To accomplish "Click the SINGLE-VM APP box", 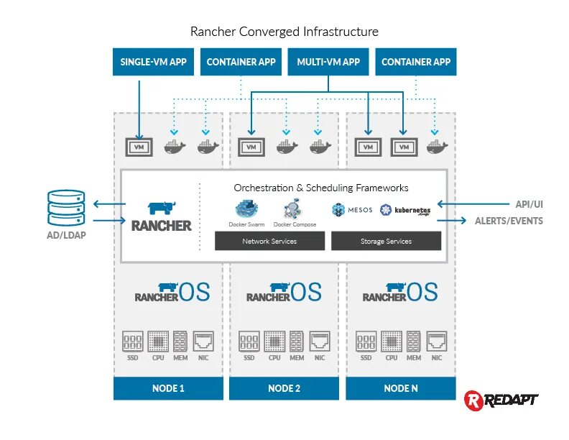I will pos(153,62).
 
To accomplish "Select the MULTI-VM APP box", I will pos(328,62).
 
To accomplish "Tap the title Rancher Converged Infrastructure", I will pos(284,32).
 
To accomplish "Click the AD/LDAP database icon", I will pos(66,207).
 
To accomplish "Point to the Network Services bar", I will pos(269,242).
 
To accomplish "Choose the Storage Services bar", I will pos(386,242).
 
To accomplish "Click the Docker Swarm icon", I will pos(246,209).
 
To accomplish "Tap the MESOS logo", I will pos(352,210).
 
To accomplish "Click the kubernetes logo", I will pos(405,211).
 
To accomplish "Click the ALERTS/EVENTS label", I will pos(509,221).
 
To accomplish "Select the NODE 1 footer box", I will pos(168,388).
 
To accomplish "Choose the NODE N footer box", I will pos(400,388).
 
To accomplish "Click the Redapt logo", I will pos(501,399).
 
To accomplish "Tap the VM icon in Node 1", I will pos(139,147).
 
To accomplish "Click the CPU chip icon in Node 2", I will pos(274,340).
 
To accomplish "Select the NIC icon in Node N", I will pos(436,340).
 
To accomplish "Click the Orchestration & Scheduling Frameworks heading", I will pos(320,188).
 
